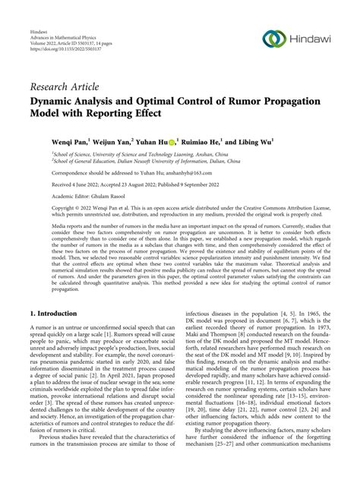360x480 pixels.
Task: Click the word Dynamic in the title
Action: pyautogui.click(x=56, y=99)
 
